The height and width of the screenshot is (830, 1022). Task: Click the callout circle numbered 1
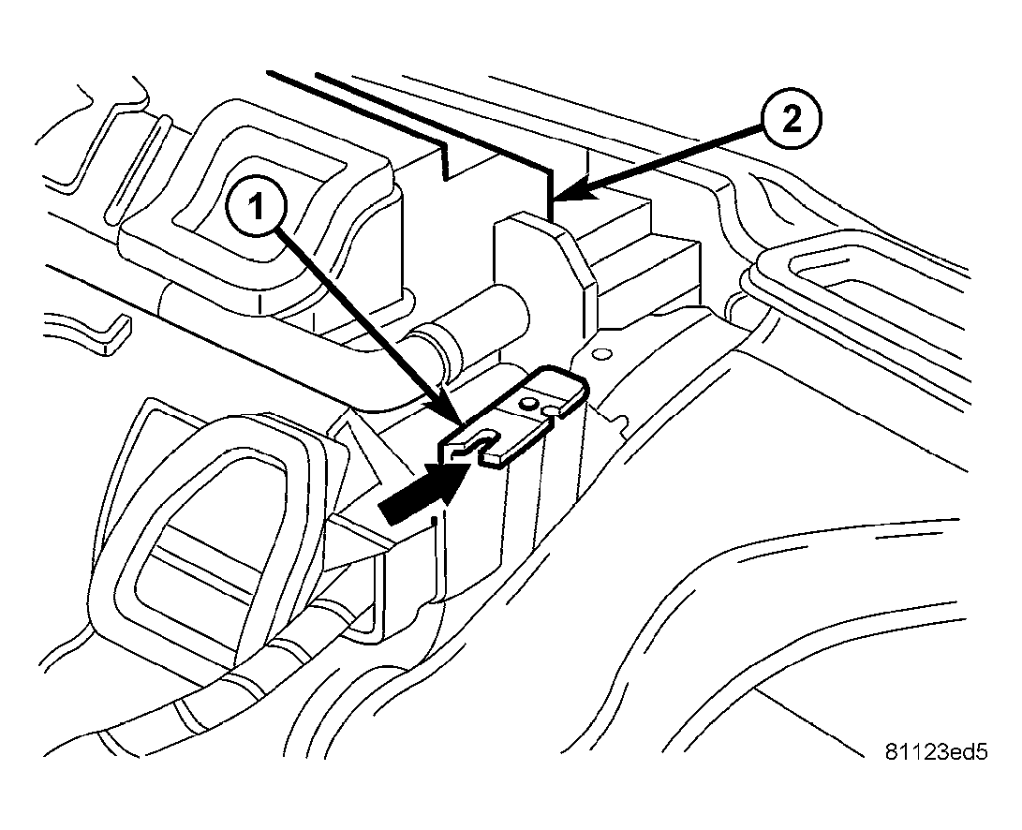coord(257,209)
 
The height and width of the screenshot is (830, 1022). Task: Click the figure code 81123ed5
coord(936,751)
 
